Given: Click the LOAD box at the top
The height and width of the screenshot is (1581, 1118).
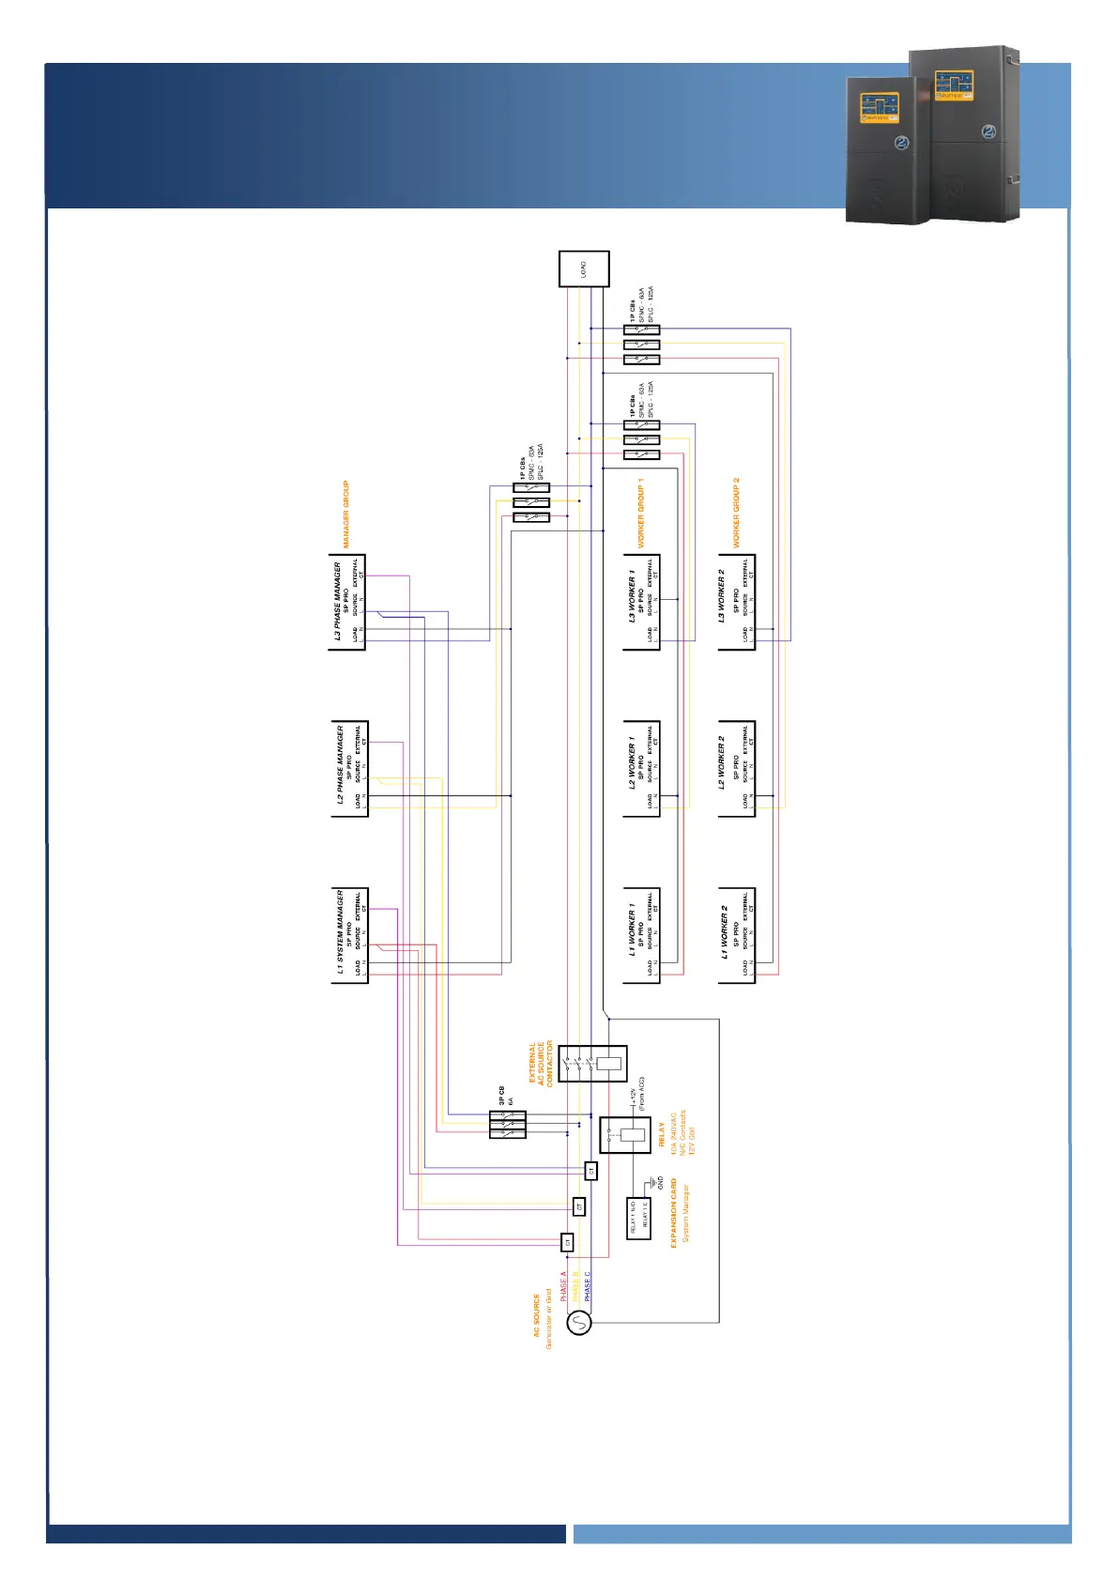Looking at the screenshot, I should point(584,269).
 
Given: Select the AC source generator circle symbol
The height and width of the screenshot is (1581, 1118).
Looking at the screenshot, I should point(579,1323).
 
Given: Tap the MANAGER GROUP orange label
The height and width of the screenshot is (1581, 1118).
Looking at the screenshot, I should point(345,514).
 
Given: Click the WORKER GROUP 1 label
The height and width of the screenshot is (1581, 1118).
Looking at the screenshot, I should point(641,514).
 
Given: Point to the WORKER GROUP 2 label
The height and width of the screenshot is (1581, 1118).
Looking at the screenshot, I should point(736,513).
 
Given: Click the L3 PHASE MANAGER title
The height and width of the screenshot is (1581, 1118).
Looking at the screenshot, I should point(337,602).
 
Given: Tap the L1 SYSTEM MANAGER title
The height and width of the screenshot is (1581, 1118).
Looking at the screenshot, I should point(340,931).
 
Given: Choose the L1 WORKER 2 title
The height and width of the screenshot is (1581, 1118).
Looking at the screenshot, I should point(724,932).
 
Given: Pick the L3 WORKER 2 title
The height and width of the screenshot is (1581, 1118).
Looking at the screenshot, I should point(721,596).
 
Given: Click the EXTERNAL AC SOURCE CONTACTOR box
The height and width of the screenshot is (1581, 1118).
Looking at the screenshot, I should point(592,1064).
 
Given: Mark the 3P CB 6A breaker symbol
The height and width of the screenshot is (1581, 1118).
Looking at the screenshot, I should point(507,1125).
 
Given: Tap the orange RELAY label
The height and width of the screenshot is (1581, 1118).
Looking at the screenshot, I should point(662,1135).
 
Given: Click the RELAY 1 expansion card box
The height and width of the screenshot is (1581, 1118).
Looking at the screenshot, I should point(638,1219).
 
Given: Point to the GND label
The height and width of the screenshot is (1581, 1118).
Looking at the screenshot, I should point(660,1183).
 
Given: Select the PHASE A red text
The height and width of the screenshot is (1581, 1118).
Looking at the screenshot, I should point(563,1286).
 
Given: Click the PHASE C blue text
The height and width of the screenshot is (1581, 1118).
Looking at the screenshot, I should point(588,1286).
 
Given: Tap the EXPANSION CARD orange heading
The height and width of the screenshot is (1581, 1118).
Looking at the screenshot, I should point(673,1213).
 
